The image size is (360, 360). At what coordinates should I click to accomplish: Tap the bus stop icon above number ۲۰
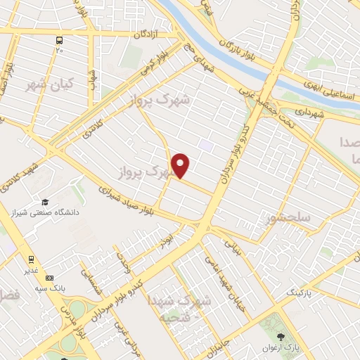[x=59, y=39]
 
